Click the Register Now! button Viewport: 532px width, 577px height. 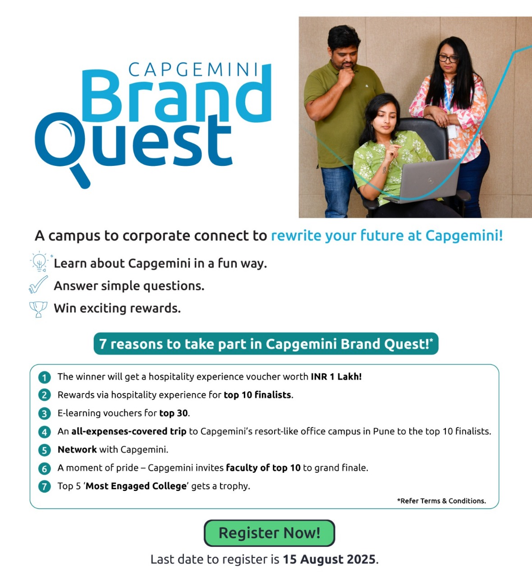pos(269,533)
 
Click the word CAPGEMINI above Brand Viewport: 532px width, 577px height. pos(193,69)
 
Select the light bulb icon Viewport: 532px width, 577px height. pos(39,261)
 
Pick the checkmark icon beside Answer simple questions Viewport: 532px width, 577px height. pos(38,284)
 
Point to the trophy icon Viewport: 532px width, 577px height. pos(38,309)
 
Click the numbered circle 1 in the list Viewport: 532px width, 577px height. pos(45,377)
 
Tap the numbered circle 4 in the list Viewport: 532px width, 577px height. pos(45,432)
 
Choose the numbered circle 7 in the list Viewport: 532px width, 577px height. pos(45,486)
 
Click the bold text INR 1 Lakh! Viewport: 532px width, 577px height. pos(336,376)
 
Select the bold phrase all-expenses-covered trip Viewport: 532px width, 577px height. pos(129,431)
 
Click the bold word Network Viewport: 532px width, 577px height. pos(77,449)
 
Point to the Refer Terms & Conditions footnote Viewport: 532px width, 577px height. pos(441,501)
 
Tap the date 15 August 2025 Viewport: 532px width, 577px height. pos(329,559)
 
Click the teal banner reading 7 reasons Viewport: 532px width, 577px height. pos(266,343)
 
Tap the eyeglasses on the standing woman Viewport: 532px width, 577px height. pos(448,59)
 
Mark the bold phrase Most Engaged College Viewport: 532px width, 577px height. pos(136,486)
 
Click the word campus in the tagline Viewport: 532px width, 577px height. pos(74,236)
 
